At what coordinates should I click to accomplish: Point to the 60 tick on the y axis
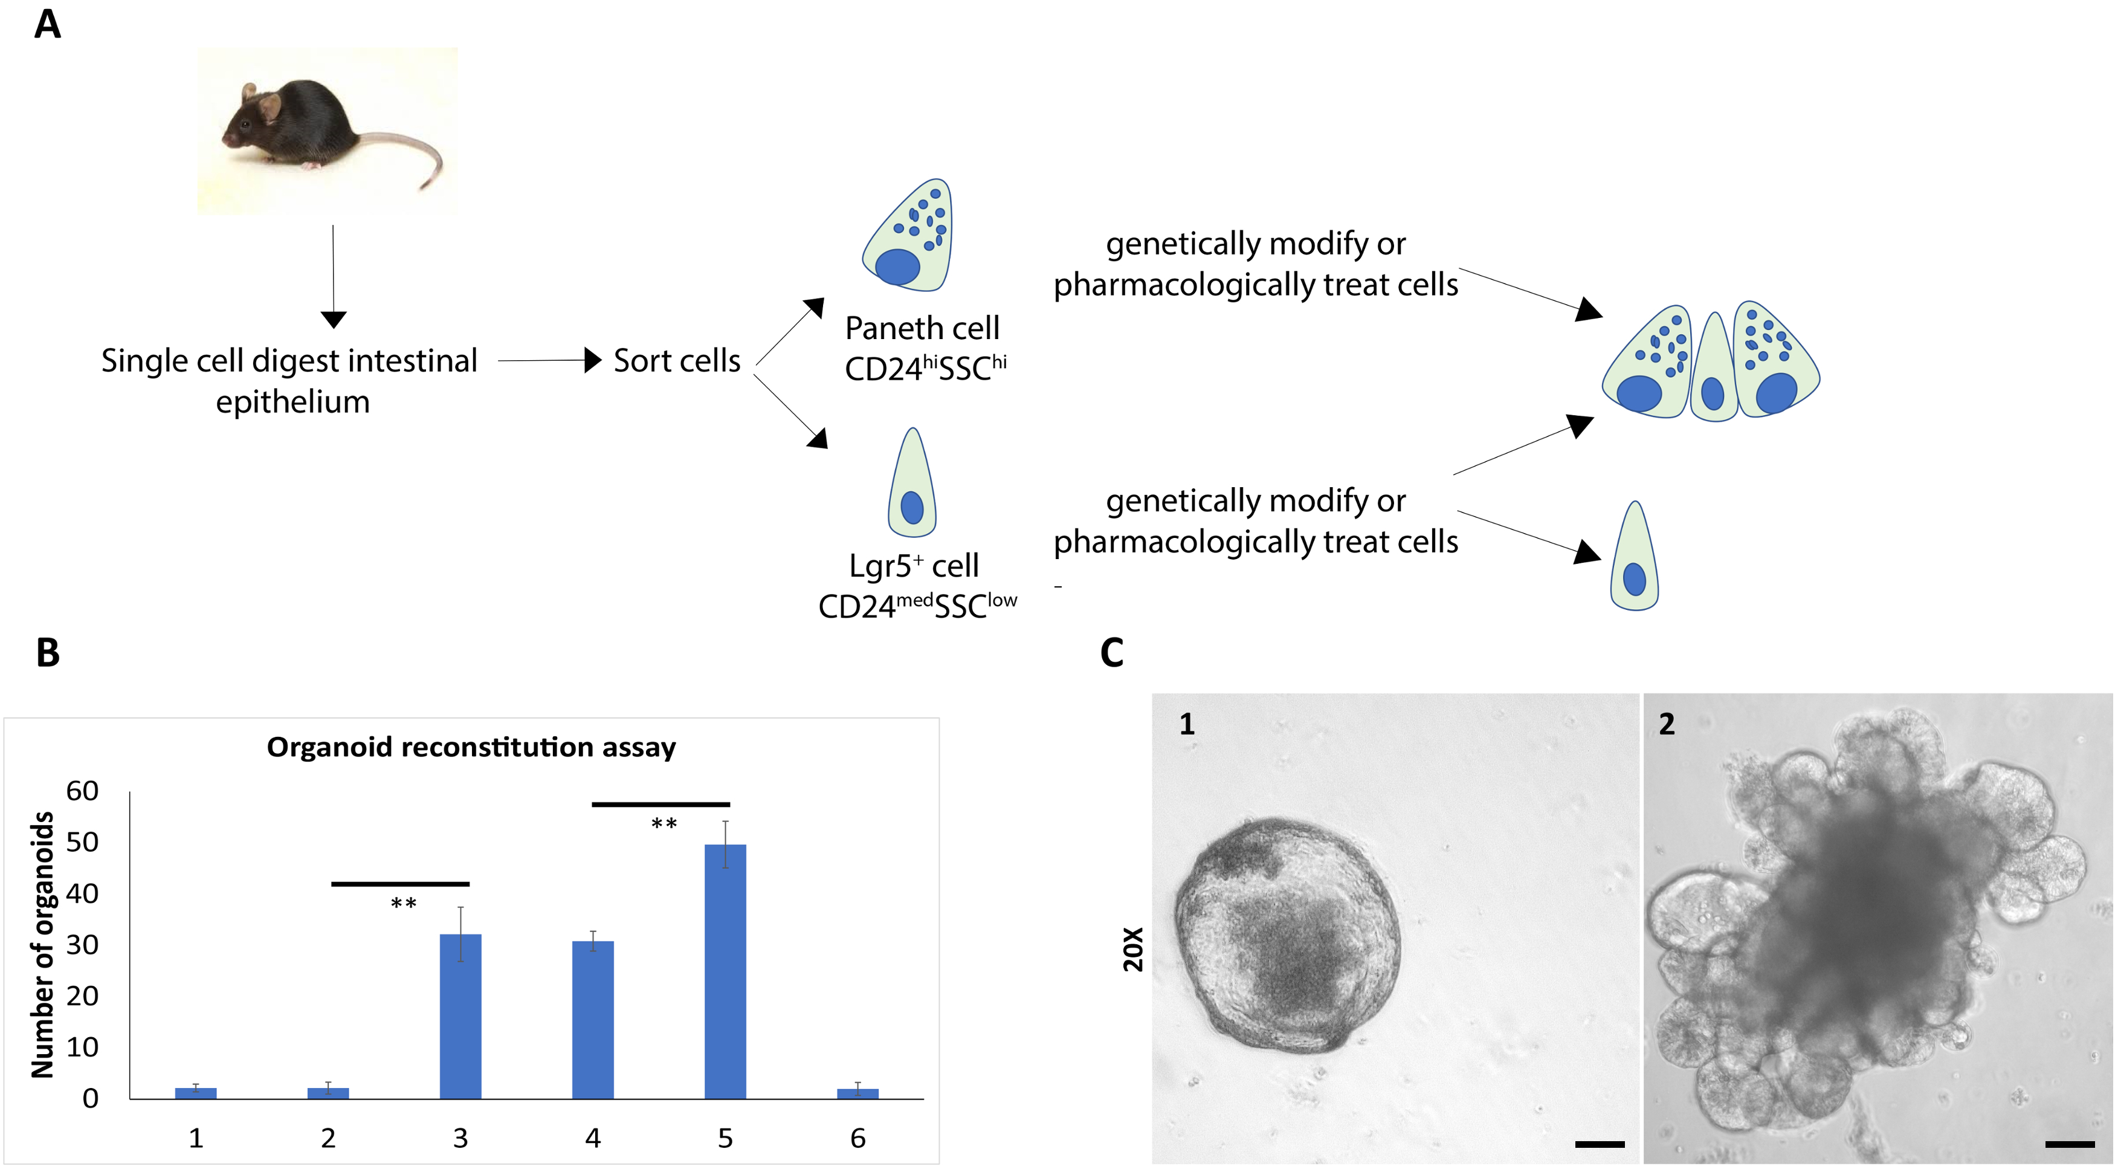82,791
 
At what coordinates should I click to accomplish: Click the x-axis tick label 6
858,1138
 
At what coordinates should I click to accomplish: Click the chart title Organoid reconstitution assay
471,748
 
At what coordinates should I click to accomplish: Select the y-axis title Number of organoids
43,945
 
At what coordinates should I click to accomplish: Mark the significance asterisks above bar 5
664,824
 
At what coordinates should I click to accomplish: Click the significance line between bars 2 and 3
400,884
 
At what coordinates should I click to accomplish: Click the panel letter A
48,25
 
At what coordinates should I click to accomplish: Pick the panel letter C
1112,653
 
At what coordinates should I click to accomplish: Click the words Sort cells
677,361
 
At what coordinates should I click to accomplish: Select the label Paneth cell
922,329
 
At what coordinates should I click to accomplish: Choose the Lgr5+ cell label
913,566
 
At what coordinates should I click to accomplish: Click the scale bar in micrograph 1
1600,1143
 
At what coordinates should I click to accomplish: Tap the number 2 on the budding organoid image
1667,724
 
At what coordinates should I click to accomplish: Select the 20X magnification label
1133,950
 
